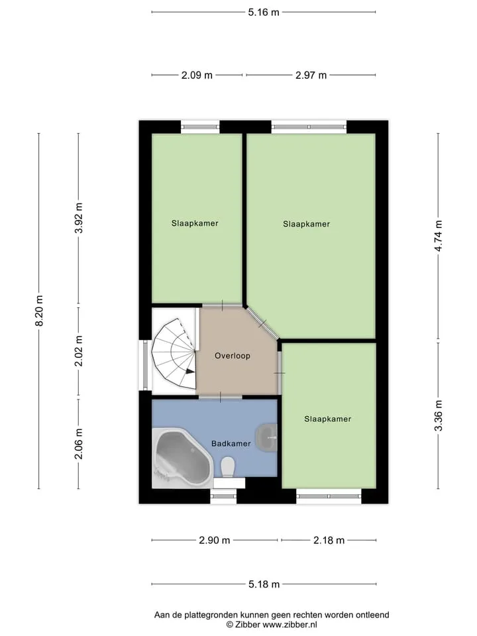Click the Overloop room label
[x=233, y=356]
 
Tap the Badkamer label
[x=231, y=443]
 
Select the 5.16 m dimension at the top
[x=264, y=12]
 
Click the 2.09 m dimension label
[x=197, y=75]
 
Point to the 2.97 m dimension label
[x=311, y=75]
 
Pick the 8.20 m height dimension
[x=39, y=311]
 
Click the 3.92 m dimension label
[x=79, y=218]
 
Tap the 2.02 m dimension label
[x=79, y=351]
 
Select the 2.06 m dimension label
[x=79, y=444]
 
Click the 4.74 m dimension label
[x=439, y=236]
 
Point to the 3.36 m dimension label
[x=439, y=416]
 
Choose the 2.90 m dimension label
[x=215, y=541]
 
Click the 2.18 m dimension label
[x=329, y=541]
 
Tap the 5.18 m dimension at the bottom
[x=264, y=584]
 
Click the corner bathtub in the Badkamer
[x=183, y=458]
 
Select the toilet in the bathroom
[x=228, y=467]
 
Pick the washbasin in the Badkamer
[x=267, y=438]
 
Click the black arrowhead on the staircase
[x=189, y=371]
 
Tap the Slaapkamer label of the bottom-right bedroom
[x=328, y=419]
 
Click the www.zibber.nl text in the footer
[x=290, y=625]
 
